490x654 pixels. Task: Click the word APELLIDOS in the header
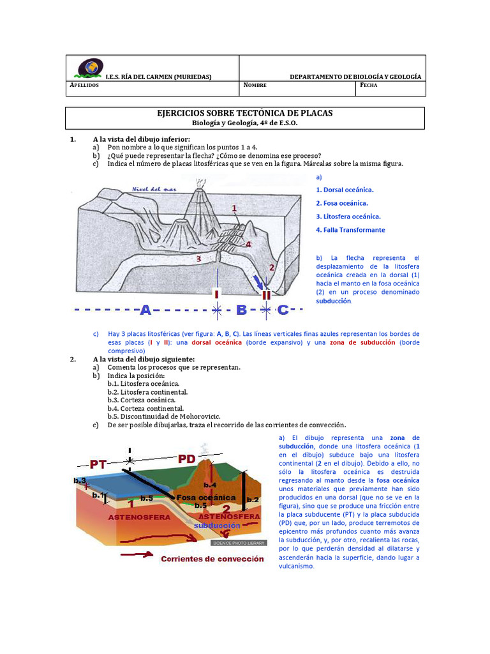point(84,85)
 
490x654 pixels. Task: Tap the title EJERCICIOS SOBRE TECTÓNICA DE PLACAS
point(245,113)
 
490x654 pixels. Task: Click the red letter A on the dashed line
point(145,310)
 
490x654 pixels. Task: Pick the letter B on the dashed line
point(241,310)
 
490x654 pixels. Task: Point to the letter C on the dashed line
point(283,310)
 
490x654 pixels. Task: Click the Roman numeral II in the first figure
point(266,295)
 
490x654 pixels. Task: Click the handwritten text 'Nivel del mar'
point(153,190)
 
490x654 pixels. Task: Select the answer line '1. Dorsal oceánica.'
point(345,190)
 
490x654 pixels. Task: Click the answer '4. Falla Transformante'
point(350,230)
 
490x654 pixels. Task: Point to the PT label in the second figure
point(98,464)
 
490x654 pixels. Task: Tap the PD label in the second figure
point(186,459)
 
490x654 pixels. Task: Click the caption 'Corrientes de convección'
point(212,558)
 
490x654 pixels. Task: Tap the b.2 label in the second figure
point(252,499)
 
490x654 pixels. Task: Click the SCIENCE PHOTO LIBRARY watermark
point(235,543)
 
